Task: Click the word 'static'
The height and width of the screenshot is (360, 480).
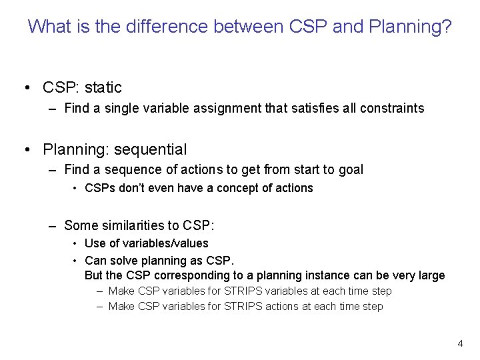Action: (103, 87)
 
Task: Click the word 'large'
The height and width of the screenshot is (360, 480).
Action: (430, 275)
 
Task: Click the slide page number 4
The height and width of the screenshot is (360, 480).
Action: (460, 343)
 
